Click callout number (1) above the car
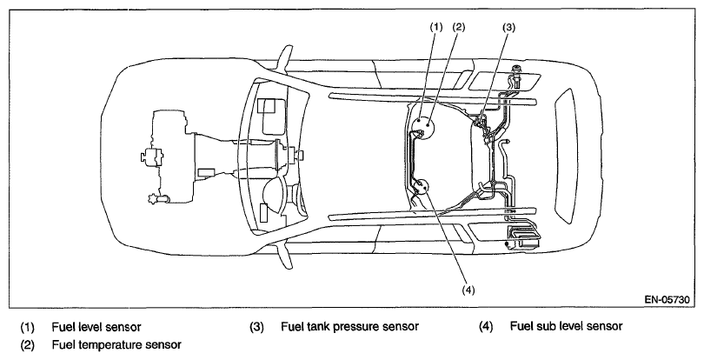click(436, 27)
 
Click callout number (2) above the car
click(459, 27)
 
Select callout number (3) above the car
click(508, 28)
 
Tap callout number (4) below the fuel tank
click(468, 290)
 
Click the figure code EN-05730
click(667, 299)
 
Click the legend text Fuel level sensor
click(96, 327)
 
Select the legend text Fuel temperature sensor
click(116, 344)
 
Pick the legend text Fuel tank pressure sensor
click(349, 326)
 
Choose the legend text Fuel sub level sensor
click(566, 326)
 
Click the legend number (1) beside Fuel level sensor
click(27, 327)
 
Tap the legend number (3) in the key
click(256, 327)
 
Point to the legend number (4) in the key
click(486, 327)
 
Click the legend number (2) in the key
click(27, 345)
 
